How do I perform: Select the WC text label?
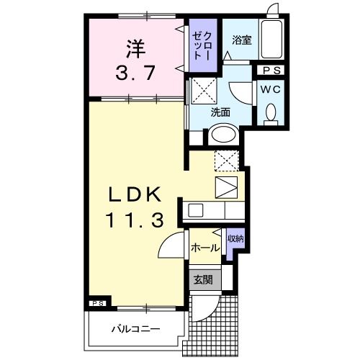pos(271,90)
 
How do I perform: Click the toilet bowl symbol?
pos(271,112)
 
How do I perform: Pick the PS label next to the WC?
pos(271,71)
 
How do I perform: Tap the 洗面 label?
pos(220,112)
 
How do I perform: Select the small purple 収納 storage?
pos(234,243)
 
